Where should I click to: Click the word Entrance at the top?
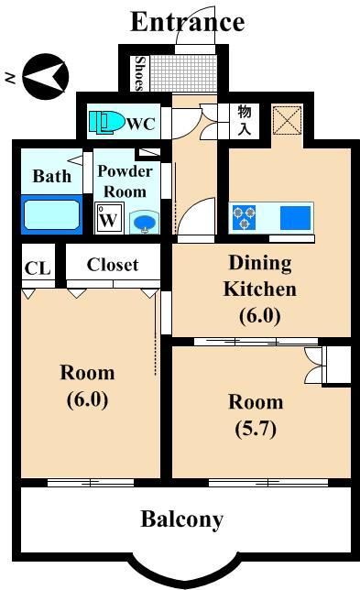(x=188, y=22)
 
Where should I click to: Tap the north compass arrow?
(x=46, y=76)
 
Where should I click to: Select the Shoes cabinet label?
(x=139, y=73)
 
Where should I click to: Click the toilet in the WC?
(x=106, y=122)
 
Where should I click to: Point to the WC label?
(x=141, y=124)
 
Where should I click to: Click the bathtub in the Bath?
(x=52, y=214)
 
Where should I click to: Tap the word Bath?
(x=52, y=176)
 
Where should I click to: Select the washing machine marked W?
(x=109, y=218)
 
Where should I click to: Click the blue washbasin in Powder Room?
(x=145, y=224)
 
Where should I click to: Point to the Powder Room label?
(x=125, y=181)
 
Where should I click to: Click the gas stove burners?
(x=245, y=217)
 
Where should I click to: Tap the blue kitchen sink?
(x=296, y=217)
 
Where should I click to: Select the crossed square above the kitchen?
(x=288, y=120)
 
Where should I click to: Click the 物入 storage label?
(x=245, y=120)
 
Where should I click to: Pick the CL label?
(x=38, y=268)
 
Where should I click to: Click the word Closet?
(x=113, y=265)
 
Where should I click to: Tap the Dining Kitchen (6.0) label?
(x=260, y=289)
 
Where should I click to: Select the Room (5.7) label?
(x=256, y=415)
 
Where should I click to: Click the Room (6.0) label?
(x=87, y=387)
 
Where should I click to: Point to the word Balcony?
(x=182, y=520)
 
